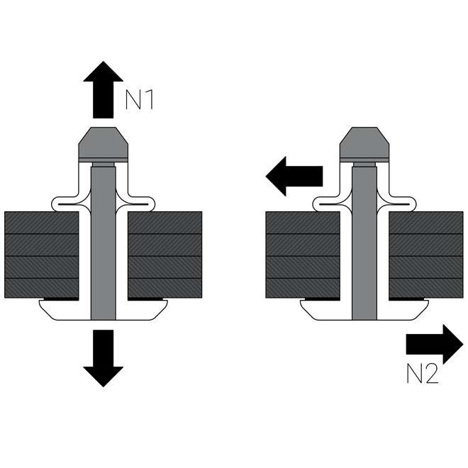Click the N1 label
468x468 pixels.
coord(140,99)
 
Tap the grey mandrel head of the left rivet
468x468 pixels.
coord(103,144)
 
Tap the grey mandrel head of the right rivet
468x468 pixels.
coord(365,144)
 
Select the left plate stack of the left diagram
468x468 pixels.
coord(41,254)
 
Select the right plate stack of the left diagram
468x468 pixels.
coord(165,254)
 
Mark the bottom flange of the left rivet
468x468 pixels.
coord(103,309)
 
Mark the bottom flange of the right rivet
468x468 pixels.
coord(365,309)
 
